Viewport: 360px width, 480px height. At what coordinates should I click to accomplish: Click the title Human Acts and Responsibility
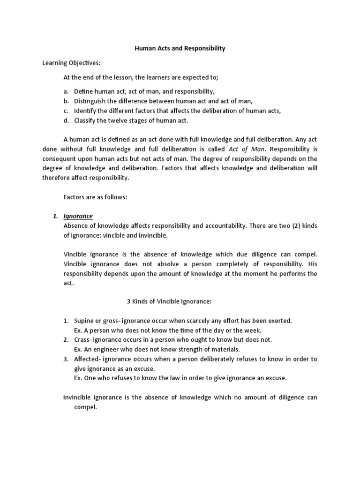(x=180, y=48)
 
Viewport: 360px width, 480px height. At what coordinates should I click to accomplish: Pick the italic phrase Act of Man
(x=243, y=149)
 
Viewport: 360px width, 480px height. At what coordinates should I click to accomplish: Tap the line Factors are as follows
(x=95, y=197)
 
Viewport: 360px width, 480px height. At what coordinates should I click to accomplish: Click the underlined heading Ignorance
(x=78, y=216)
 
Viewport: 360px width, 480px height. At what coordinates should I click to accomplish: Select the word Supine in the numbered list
(x=84, y=321)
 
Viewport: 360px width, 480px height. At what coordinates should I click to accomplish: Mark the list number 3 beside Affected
(x=66, y=359)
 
